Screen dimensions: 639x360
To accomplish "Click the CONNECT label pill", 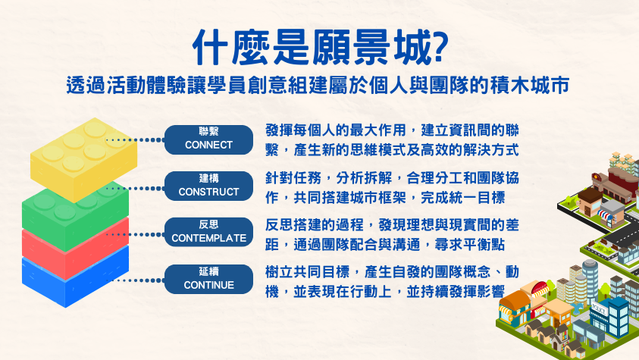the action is pyautogui.click(x=208, y=139).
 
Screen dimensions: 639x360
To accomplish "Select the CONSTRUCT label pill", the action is pyautogui.click(x=208, y=186).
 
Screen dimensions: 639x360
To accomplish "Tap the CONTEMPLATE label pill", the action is pyautogui.click(x=208, y=232).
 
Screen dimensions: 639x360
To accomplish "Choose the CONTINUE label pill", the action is pyautogui.click(x=208, y=279).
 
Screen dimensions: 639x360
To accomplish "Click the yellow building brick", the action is pyautogui.click(x=83, y=159).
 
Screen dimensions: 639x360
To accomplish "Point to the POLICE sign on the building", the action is pyautogui.click(x=600, y=309).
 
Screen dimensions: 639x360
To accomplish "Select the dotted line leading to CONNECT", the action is pyautogui.click(x=135, y=139).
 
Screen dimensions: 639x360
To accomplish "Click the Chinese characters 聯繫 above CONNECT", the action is pyautogui.click(x=208, y=132).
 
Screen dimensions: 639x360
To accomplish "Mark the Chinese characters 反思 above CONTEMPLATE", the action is pyautogui.click(x=208, y=224).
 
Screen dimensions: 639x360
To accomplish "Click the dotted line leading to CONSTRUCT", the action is pyautogui.click(x=135, y=188).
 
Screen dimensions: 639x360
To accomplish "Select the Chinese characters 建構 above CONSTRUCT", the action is pyautogui.click(x=208, y=178).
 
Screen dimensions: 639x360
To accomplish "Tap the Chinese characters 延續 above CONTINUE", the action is pyautogui.click(x=208, y=271).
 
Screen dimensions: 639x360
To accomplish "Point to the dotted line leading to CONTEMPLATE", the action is pyautogui.click(x=135, y=234).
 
